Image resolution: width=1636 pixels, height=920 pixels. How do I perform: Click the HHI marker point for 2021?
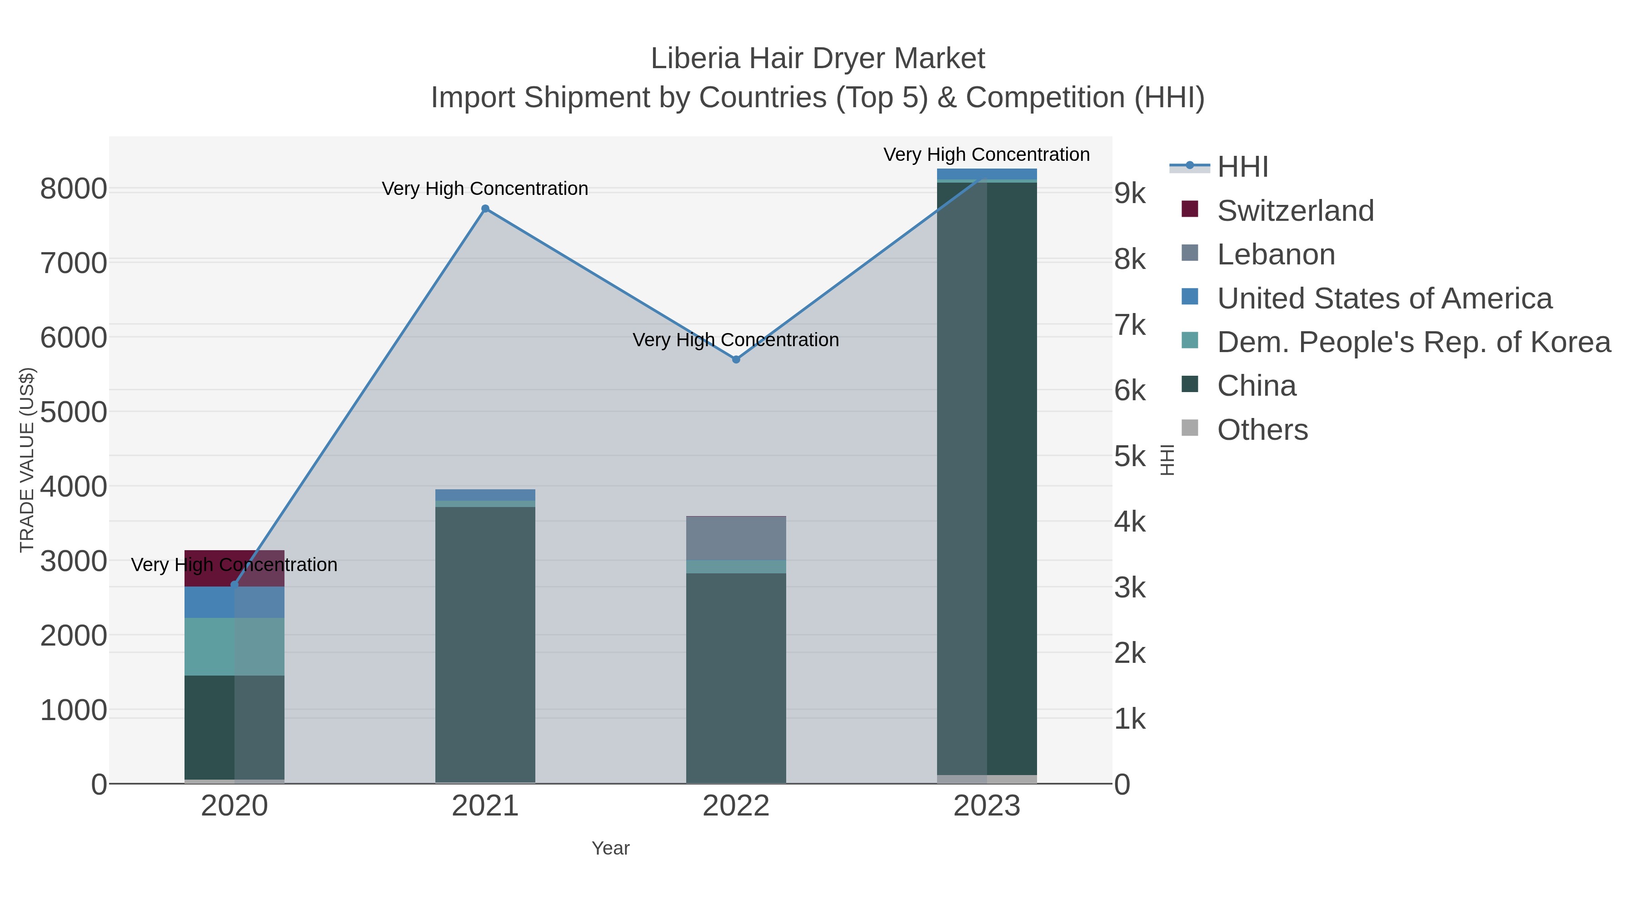485,209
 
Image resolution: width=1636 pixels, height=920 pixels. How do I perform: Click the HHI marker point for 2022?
736,359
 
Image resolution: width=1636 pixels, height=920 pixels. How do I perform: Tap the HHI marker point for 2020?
234,585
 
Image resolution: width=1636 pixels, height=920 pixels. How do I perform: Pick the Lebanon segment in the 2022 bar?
736,538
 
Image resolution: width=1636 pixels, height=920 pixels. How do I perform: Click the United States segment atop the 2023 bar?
987,174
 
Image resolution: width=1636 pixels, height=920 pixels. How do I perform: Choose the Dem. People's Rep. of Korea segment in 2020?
209,646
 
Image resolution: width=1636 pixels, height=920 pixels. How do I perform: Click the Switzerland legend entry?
1295,211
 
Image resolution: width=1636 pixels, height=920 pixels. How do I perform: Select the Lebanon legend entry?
1275,254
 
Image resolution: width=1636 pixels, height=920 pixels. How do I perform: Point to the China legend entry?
1256,386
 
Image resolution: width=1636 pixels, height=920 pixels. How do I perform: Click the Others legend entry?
1262,430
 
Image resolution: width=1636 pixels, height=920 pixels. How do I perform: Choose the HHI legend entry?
1242,167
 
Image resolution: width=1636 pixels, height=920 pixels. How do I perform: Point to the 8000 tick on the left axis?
74,189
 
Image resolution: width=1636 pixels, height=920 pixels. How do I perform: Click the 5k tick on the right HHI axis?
1130,457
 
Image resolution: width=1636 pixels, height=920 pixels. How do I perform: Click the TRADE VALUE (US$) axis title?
27,460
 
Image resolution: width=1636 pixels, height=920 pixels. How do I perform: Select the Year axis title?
610,848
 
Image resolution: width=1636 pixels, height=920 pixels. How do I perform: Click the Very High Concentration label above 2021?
485,189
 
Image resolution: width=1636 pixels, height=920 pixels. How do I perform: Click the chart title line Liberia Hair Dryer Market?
818,59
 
